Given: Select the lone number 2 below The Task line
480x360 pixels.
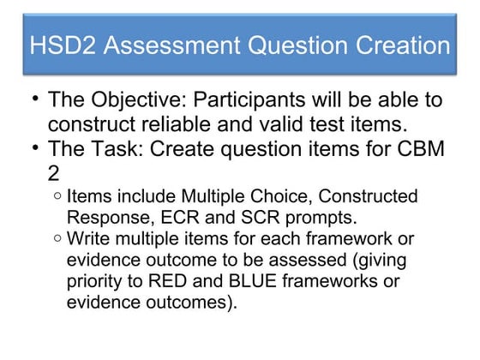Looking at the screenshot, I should (x=54, y=173).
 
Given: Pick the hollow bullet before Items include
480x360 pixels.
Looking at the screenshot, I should (x=57, y=196).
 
